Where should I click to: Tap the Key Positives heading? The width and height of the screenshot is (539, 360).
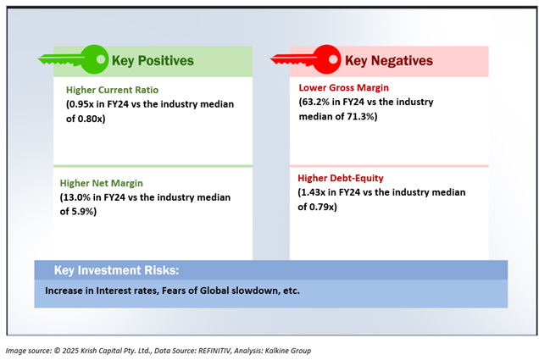pos(153,61)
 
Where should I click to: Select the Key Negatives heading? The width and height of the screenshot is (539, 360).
pos(389,61)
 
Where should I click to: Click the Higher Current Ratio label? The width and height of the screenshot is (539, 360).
pos(113,90)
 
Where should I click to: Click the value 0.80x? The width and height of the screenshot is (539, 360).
pos(90,119)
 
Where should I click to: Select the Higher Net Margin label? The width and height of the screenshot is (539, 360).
pos(102,183)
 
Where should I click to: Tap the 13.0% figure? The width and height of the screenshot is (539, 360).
pos(76,197)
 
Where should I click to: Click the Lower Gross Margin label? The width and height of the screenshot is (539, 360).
pos(344,88)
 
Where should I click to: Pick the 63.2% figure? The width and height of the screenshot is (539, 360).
pos(315,102)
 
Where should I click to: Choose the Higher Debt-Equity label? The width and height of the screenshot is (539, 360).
pos(341,178)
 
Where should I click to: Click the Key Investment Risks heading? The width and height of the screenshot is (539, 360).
pos(117,270)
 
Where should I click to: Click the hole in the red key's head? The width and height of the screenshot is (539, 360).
pos(333,59)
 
